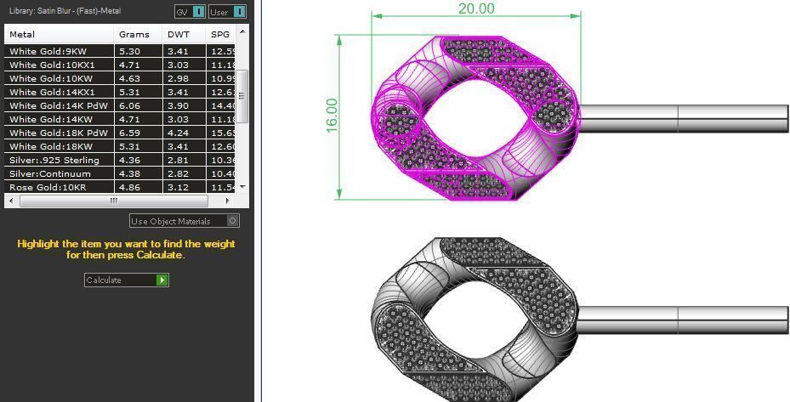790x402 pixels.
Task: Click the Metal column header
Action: [22, 35]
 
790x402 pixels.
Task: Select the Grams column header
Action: [134, 35]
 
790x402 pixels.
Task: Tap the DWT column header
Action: [178, 35]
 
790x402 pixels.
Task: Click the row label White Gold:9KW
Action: [48, 51]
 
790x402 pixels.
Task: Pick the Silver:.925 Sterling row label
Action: [54, 160]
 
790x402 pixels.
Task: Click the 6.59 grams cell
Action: [129, 133]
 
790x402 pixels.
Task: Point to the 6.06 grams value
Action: [129, 105]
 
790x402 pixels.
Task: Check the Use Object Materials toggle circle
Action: [233, 221]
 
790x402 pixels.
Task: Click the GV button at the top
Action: [190, 12]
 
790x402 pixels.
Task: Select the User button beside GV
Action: [227, 12]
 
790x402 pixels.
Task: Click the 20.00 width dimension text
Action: [476, 8]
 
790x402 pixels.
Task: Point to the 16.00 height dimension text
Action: [332, 114]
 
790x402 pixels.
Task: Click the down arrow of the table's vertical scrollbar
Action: [242, 187]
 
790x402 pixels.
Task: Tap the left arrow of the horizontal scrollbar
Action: [10, 201]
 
